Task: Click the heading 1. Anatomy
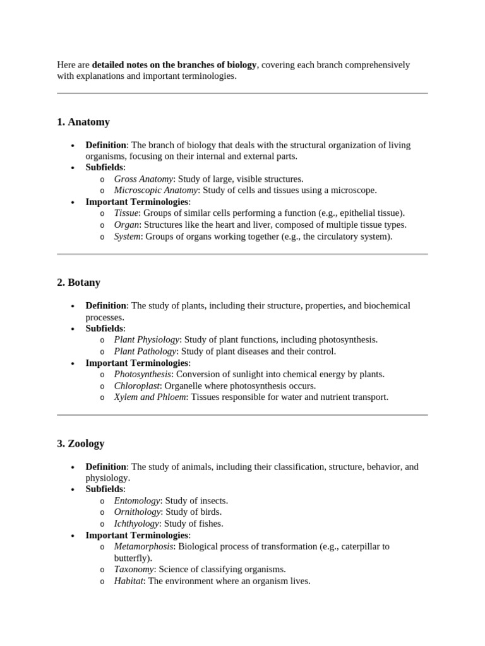coord(83,122)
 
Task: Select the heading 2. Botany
coord(79,283)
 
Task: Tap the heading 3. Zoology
coord(81,443)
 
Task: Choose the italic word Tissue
coord(126,213)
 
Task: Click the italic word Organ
coord(126,225)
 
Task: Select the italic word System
coord(128,237)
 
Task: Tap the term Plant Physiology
coord(147,339)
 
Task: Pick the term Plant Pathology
coord(145,351)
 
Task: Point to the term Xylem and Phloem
coord(150,397)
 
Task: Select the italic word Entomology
coord(137,501)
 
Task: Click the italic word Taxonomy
coord(134,569)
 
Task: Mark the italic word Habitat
coord(129,581)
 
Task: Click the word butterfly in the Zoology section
coord(131,558)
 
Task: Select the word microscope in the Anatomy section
coord(355,191)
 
